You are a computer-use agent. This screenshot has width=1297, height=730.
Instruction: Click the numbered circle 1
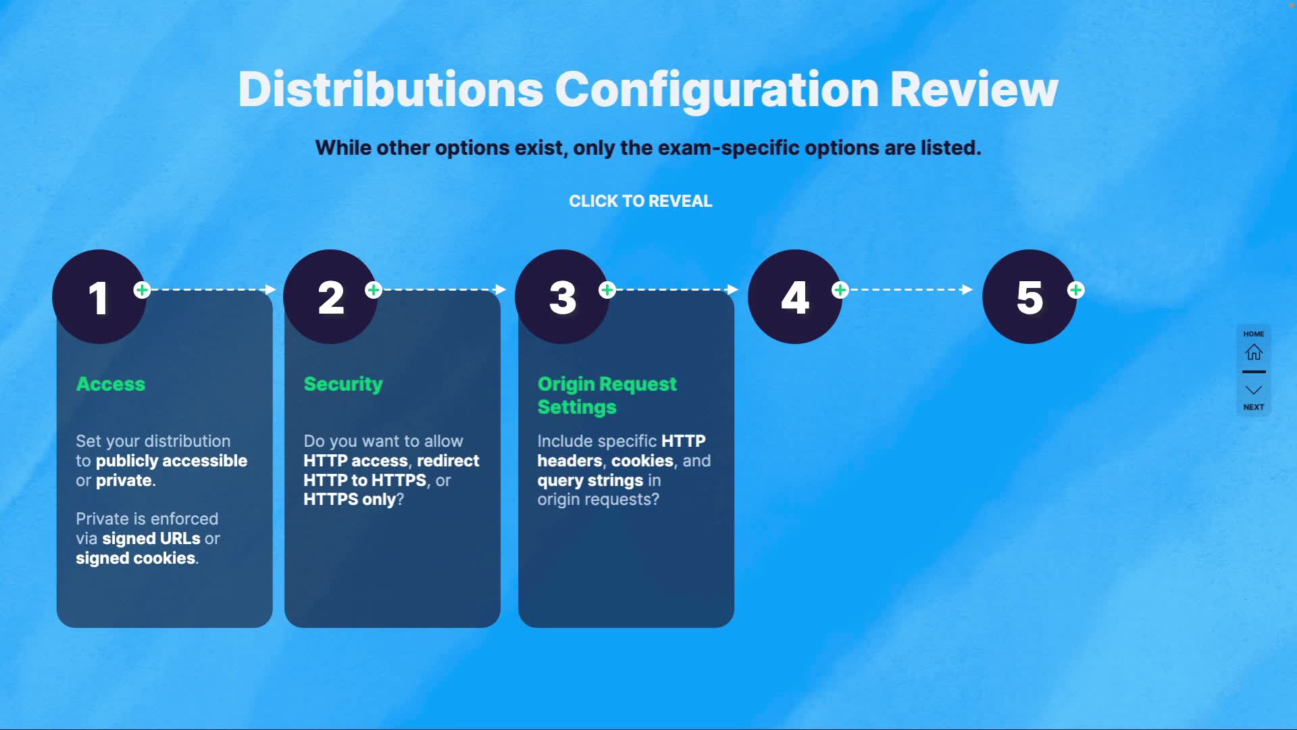coord(99,297)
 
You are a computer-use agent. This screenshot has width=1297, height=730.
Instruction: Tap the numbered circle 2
coord(330,297)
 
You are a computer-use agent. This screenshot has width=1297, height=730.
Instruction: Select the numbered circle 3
coord(562,297)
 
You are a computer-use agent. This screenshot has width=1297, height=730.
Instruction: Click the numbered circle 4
coord(795,297)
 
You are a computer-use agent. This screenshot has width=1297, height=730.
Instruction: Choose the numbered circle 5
coord(1029,297)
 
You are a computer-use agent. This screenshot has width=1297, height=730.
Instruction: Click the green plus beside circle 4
coord(840,290)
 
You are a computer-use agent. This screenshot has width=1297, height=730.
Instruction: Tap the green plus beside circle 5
coord(1076,290)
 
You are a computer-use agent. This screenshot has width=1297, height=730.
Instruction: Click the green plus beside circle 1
coord(142,290)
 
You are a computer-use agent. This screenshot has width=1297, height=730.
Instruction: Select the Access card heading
coord(111,384)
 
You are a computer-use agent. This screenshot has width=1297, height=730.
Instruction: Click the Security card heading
coord(343,384)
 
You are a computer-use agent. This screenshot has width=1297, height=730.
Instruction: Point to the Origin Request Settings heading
coord(607,395)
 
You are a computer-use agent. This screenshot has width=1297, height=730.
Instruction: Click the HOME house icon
coord(1254,352)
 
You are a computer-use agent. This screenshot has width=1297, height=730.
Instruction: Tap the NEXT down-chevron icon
coord(1254,390)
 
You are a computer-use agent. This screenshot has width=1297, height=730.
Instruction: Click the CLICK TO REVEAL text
coord(640,201)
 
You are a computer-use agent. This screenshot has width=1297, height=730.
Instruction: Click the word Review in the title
coord(974,89)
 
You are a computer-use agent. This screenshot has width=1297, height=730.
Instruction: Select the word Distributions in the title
coord(390,89)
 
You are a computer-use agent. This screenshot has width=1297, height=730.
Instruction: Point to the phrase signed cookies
coord(136,558)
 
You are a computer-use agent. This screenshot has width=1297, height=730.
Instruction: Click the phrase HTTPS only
coord(350,500)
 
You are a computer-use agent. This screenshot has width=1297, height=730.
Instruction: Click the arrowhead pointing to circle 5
coord(967,290)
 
